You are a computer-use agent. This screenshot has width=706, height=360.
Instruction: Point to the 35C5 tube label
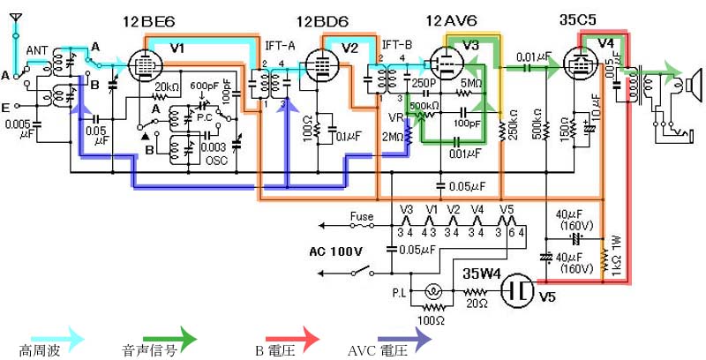[x=582, y=20]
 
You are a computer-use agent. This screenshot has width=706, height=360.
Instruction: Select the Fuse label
[x=363, y=215]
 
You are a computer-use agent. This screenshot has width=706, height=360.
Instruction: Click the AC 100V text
[x=335, y=251]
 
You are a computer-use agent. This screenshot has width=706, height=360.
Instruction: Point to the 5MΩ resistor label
[x=472, y=85]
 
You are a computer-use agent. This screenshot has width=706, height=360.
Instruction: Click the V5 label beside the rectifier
[x=549, y=296]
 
